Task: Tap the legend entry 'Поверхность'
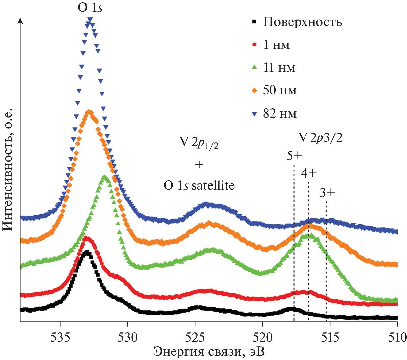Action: coord(302,22)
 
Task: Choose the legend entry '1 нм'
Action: coord(276,45)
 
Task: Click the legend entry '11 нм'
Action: coord(279,67)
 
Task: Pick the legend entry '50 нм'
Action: coord(280,90)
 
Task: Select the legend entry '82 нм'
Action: coord(280,114)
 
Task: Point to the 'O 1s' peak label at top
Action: coord(90,7)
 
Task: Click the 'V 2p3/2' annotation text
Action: coord(320,137)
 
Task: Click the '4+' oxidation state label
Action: coord(309,173)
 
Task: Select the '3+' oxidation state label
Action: coord(327,193)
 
